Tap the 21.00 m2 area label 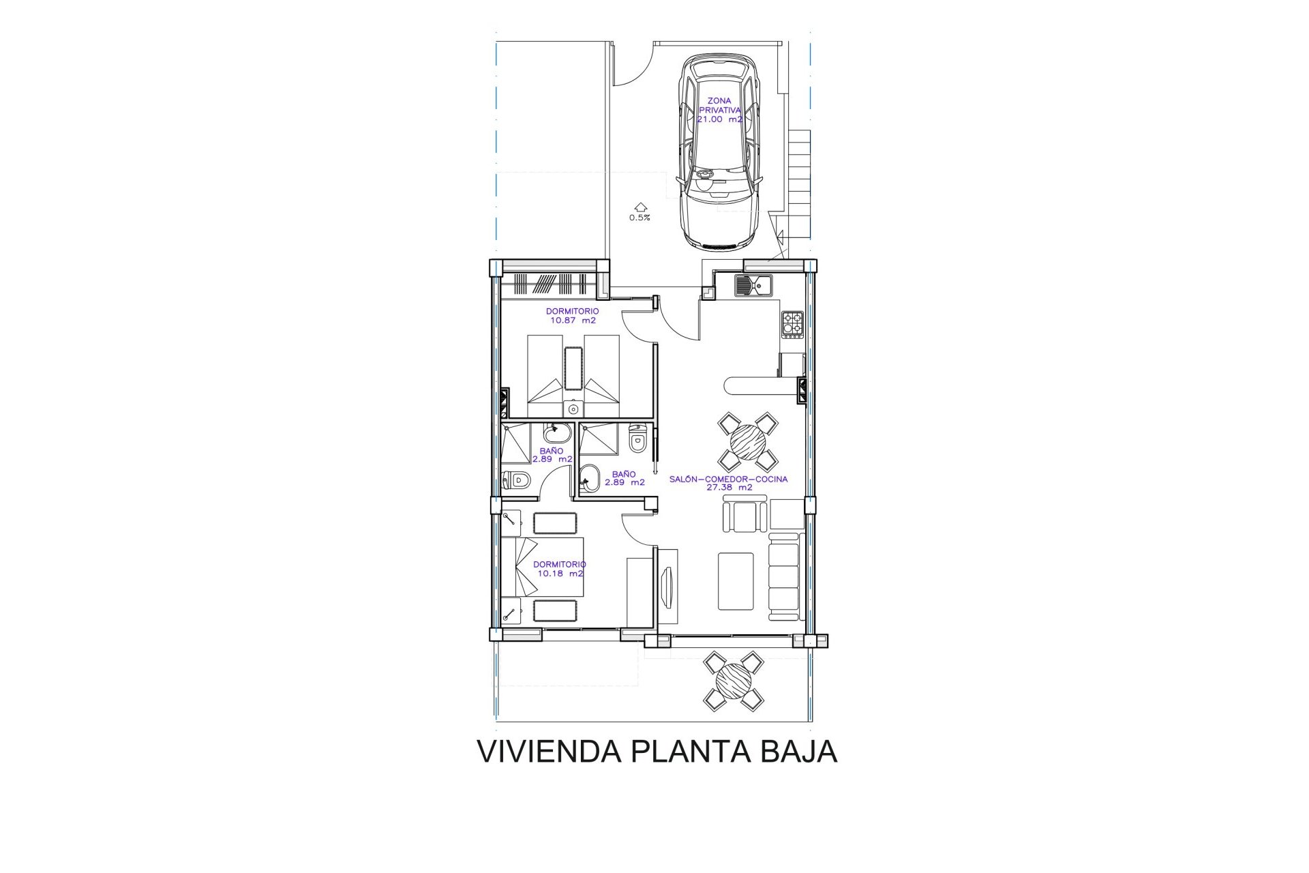point(719,119)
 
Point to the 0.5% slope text point(640,218)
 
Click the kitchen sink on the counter point(753,285)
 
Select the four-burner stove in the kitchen point(792,323)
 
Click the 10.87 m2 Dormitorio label point(572,316)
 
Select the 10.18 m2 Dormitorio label point(560,569)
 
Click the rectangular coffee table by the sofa point(736,582)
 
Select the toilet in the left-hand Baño point(517,481)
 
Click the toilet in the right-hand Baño point(637,440)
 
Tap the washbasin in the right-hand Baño point(589,479)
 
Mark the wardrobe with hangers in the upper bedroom point(550,284)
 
